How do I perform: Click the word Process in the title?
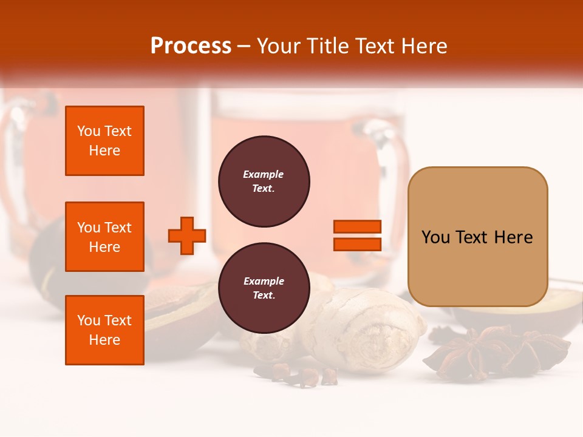click(191, 46)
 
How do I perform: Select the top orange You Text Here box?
click(104, 141)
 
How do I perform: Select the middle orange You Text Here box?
click(104, 237)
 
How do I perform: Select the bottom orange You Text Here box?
click(104, 330)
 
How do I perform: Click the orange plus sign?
click(187, 235)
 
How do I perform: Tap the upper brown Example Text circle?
click(264, 181)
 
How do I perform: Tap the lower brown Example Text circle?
click(264, 288)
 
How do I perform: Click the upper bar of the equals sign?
click(357, 226)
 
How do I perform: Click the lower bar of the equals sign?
click(357, 244)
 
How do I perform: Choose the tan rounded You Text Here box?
click(477, 237)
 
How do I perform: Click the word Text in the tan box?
click(472, 237)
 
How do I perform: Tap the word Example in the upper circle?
click(264, 174)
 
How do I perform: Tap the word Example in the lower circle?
click(264, 281)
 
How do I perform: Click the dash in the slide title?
click(244, 46)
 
